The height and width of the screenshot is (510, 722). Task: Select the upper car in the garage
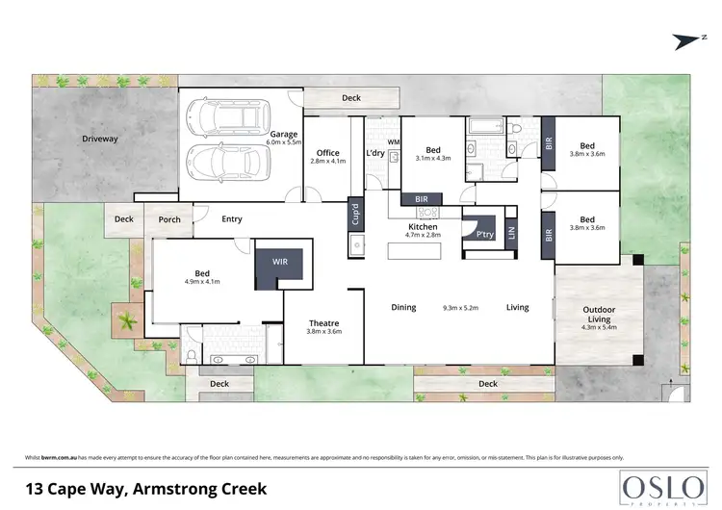pos(223,117)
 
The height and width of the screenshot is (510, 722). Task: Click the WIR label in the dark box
pos(278,262)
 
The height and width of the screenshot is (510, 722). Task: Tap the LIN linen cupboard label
pos(511,233)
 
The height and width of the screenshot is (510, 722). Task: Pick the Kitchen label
pos(423,227)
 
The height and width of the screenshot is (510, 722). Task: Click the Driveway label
pos(99,139)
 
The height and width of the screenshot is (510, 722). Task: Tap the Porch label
pos(169,219)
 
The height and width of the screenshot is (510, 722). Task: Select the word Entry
pos(231,219)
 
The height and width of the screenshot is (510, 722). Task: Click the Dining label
pos(403,308)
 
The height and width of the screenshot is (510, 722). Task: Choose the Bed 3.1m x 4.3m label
pos(433,154)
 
